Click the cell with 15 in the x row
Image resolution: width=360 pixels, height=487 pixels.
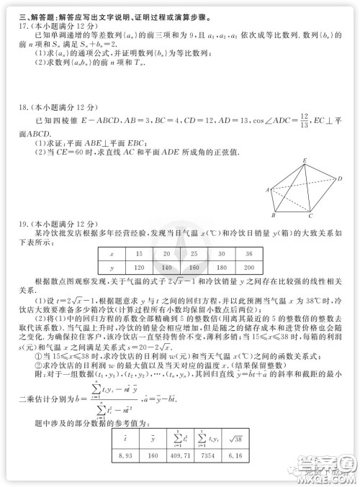pyautogui.click(x=139, y=254)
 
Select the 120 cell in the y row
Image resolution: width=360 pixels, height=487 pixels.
pyautogui.click(x=139, y=267)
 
